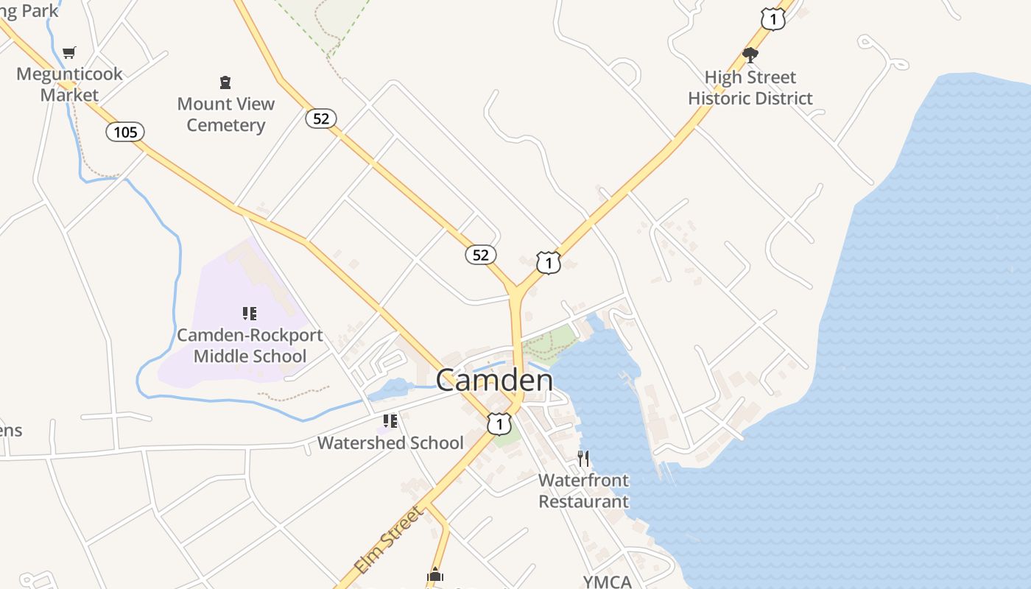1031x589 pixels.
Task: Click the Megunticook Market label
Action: point(69,85)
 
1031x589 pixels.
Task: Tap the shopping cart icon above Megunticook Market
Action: point(69,52)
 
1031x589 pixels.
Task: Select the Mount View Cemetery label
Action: point(225,114)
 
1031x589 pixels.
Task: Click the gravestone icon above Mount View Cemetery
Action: point(225,82)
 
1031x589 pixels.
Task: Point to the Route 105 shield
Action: point(125,132)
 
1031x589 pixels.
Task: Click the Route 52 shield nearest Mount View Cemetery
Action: point(321,118)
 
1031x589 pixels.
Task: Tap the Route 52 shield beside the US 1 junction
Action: point(480,255)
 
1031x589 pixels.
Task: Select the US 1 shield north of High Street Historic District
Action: point(773,19)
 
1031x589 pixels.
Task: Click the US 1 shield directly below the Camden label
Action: point(499,423)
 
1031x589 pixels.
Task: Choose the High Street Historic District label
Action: point(750,88)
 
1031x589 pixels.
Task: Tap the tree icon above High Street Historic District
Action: point(750,54)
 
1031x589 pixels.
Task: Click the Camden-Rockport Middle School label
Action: point(250,345)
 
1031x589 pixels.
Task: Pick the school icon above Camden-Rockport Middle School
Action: point(250,314)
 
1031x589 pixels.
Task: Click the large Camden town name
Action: point(494,381)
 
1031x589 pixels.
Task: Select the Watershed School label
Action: point(390,442)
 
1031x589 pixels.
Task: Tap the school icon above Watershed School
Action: point(390,421)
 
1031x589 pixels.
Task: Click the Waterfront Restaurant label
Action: point(584,491)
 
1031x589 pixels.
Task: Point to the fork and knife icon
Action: point(583,459)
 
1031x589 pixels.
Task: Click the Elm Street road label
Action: point(388,540)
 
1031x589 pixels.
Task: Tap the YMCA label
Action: point(608,582)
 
